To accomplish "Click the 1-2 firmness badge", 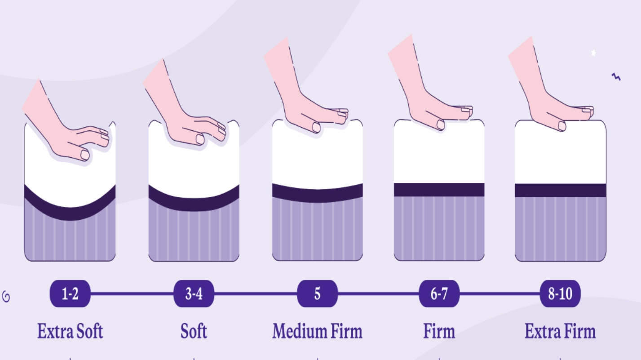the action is point(70,293).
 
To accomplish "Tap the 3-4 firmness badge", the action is point(194,293).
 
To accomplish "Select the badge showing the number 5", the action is point(317,293).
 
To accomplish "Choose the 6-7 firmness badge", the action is point(439,293).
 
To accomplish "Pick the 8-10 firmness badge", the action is point(560,293).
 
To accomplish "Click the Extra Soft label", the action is point(70,331).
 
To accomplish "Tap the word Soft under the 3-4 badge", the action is point(194,331).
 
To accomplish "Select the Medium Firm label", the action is point(317,331).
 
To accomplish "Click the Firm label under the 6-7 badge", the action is point(439,331).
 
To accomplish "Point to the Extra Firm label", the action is point(560,331).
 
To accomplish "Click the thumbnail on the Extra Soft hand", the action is point(85,155).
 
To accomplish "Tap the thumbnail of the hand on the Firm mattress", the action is point(441,125).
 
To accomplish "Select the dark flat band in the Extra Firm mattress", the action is point(560,191).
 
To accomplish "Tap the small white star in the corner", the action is point(593,53).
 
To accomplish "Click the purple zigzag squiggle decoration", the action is point(616,77).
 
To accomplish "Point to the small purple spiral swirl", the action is point(6,297).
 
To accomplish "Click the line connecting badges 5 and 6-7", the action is point(378,293).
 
